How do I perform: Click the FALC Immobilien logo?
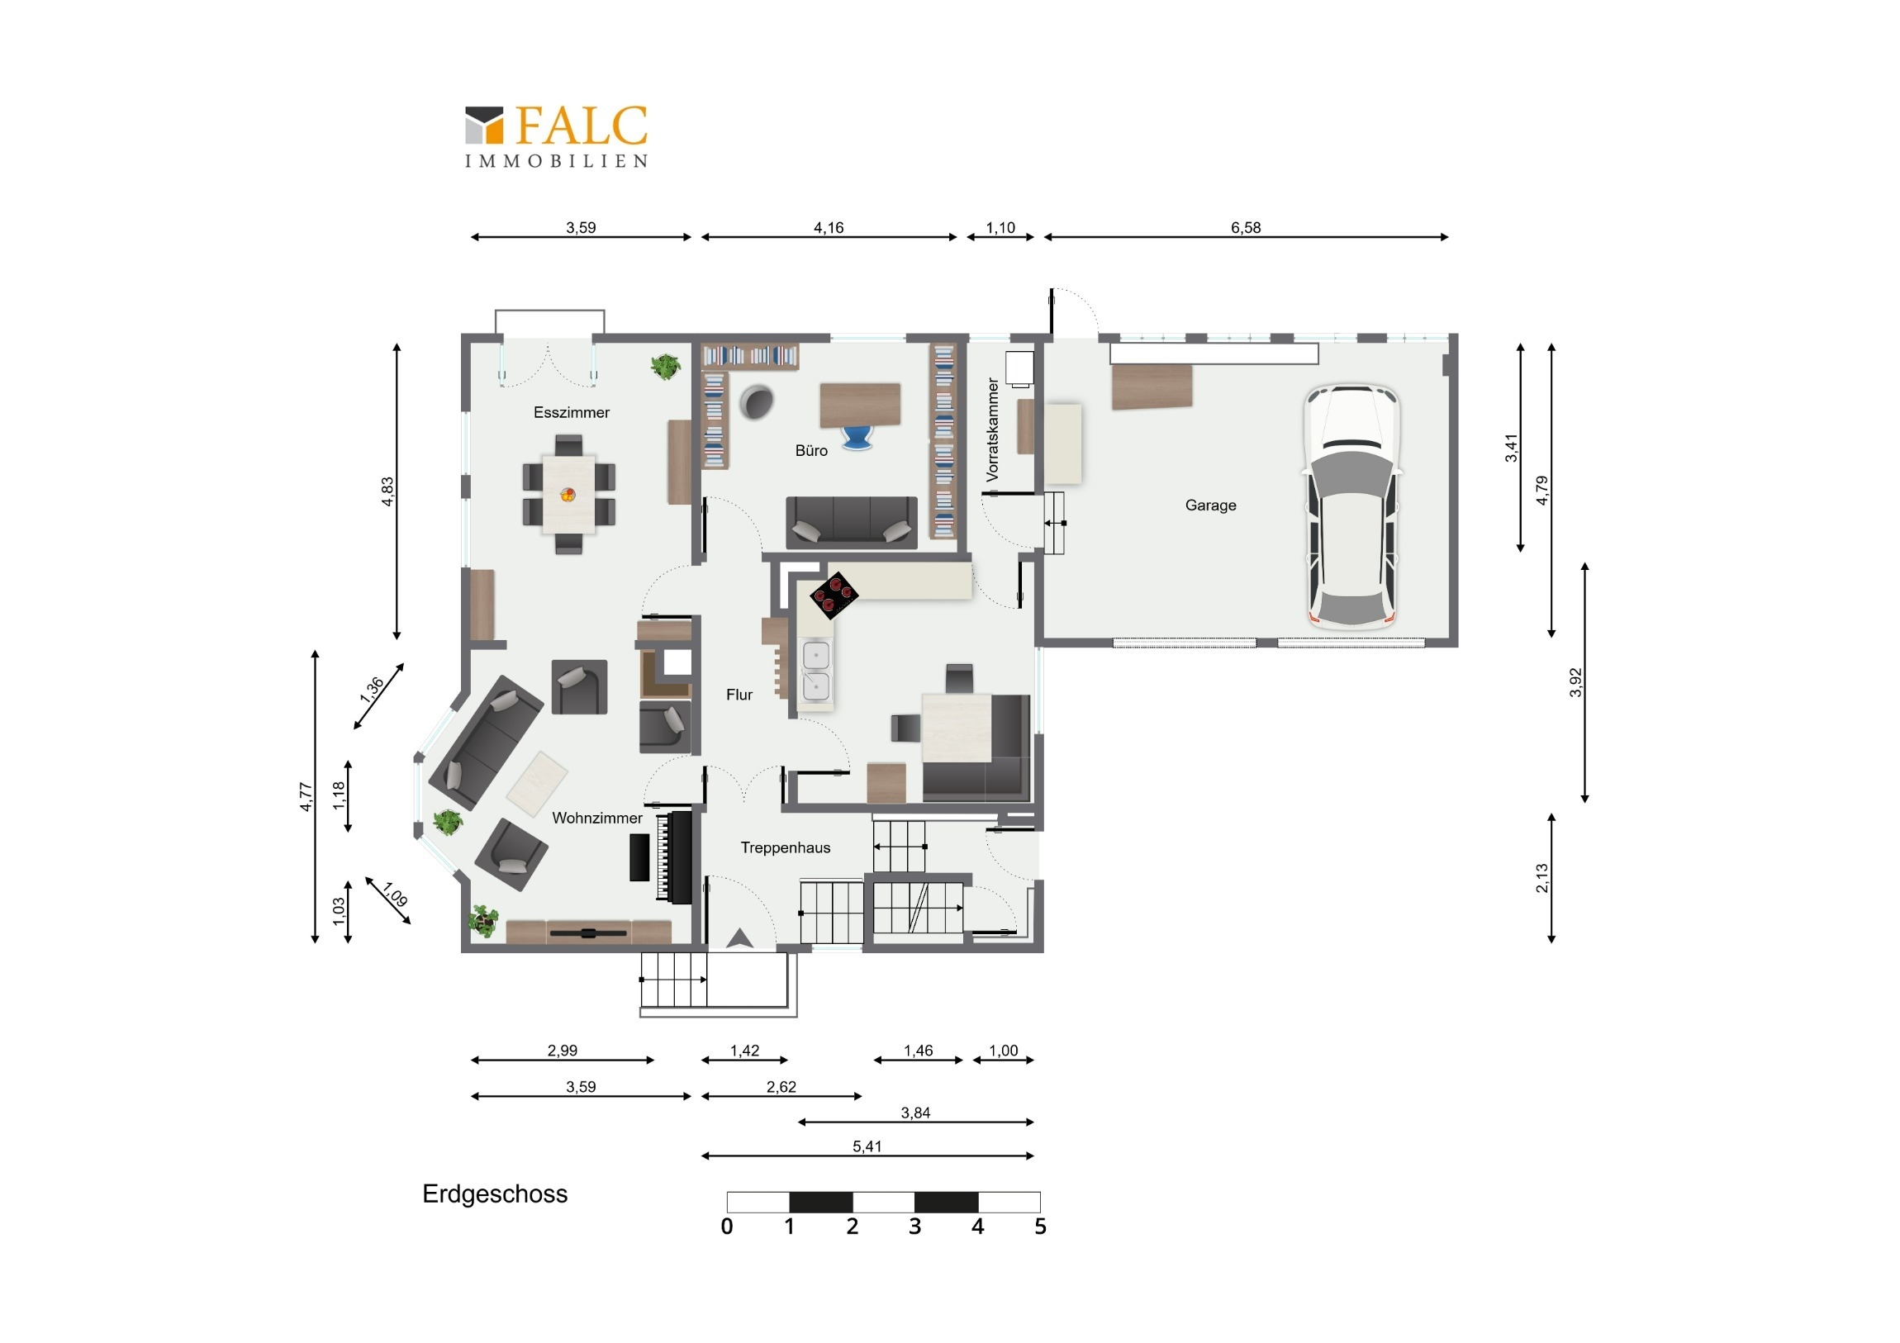point(556,136)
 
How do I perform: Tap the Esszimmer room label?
point(571,412)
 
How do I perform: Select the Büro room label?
point(811,450)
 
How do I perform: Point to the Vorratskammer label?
point(992,429)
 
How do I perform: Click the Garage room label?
point(1210,505)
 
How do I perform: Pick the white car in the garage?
point(1352,506)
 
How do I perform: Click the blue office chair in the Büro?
point(857,437)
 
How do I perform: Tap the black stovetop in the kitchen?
point(834,595)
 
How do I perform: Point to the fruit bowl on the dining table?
point(568,495)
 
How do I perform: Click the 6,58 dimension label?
point(1246,228)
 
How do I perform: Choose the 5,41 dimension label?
point(867,1146)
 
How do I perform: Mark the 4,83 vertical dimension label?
point(387,491)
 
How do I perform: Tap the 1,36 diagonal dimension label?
point(372,690)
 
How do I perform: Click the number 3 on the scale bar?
point(914,1227)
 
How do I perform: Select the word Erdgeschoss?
point(495,1194)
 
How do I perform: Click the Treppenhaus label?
point(786,847)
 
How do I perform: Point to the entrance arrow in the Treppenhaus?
point(739,937)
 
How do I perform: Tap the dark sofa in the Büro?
point(852,522)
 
